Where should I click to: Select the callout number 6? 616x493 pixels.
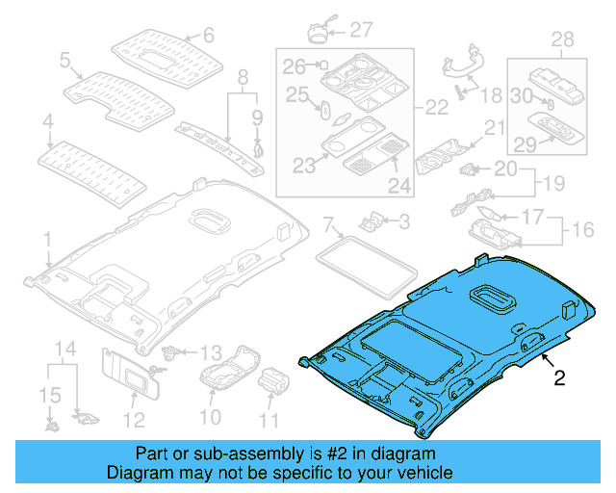pyautogui.click(x=208, y=37)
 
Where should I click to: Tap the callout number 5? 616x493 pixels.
pyautogui.click(x=65, y=61)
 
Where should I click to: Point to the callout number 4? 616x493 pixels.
pyautogui.click(x=47, y=123)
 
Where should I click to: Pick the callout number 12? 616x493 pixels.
pyautogui.click(x=133, y=419)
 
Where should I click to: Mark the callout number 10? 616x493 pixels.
pyautogui.click(x=210, y=418)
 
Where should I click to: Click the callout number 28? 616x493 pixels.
pyautogui.click(x=561, y=39)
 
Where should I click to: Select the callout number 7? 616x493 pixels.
pyautogui.click(x=329, y=227)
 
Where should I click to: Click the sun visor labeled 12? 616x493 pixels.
pyautogui.click(x=129, y=372)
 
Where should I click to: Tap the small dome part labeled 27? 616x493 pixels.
pyautogui.click(x=321, y=31)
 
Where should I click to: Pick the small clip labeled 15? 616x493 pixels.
pyautogui.click(x=49, y=423)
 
